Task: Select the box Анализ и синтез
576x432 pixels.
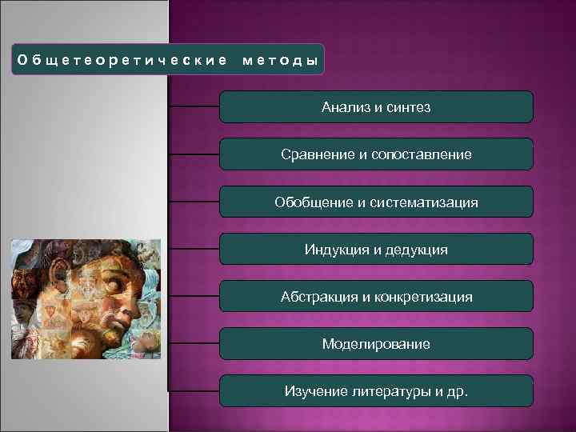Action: pos(376,106)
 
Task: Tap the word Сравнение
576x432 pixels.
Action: pos(319,154)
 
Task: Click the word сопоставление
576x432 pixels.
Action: pos(423,154)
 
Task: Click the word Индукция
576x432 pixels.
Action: pos(336,250)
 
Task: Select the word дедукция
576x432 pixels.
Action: pos(418,250)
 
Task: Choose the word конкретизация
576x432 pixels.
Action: pos(423,297)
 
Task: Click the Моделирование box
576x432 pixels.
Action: pos(376,344)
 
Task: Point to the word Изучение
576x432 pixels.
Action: pos(313,391)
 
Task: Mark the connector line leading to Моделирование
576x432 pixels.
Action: pos(194,343)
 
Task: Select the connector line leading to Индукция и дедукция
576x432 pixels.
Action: pos(194,249)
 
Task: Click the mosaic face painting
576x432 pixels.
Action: pos(86,298)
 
